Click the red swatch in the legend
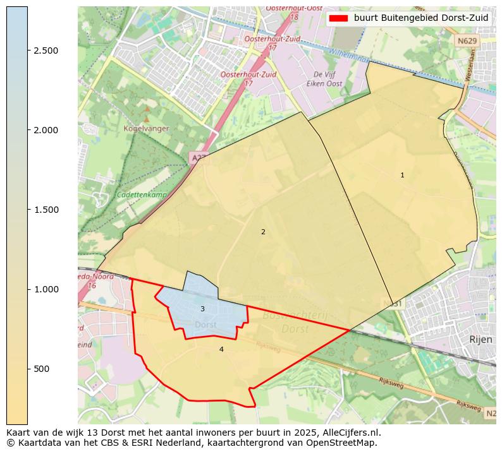coord(339,18)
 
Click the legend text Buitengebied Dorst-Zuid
coord(421,18)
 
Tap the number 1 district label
coord(402,175)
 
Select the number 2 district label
coord(263,232)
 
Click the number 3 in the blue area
coord(202,309)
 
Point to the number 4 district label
coord(221,349)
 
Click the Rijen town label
coord(481,339)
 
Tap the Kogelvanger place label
coord(146,128)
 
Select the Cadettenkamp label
coord(142,195)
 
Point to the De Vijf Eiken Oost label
coord(324,79)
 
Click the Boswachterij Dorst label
coord(286,322)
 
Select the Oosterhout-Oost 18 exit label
coord(291,11)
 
